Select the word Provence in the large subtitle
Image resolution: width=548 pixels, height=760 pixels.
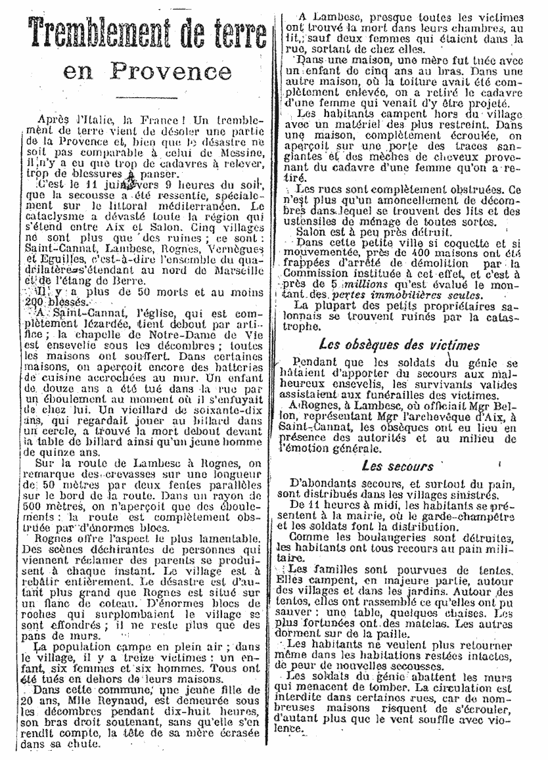point(171,70)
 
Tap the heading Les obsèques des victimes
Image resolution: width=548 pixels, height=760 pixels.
point(399,344)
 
